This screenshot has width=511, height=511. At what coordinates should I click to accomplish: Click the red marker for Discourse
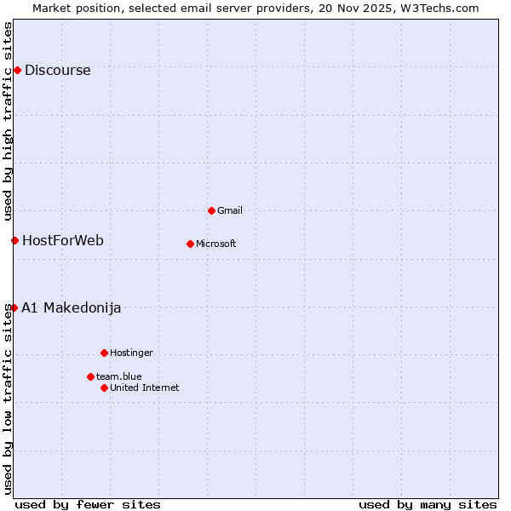point(17,70)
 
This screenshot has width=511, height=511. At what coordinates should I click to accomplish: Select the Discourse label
point(57,71)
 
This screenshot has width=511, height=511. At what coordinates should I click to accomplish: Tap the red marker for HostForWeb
point(14,240)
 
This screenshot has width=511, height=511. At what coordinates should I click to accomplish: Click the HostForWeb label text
point(62,241)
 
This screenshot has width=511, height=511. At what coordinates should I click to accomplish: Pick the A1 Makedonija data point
point(14,307)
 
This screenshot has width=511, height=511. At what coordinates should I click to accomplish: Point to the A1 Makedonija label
point(71,308)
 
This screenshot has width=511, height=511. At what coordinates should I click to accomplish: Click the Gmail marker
point(211,210)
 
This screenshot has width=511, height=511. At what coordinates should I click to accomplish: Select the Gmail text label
point(231,211)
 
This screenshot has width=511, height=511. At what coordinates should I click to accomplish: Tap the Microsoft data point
point(190,244)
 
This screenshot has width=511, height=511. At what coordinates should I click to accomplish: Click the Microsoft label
point(216,244)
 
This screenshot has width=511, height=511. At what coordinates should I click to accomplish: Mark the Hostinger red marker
point(104,353)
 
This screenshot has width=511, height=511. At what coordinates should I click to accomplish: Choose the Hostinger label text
point(131,353)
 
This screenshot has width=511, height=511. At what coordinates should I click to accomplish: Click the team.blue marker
point(90,376)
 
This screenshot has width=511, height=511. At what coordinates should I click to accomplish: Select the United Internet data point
point(104,388)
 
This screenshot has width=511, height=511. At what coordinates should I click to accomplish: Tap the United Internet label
point(145,388)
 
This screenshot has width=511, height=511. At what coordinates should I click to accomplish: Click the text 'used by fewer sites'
point(88,505)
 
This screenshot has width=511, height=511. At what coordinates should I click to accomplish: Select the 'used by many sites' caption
point(428,505)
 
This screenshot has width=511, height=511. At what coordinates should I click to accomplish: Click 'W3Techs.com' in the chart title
point(439,9)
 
